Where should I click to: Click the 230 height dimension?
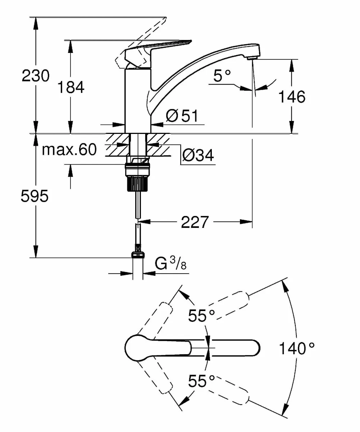36,76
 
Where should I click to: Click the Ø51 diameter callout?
182,116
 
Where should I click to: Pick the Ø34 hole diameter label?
198,155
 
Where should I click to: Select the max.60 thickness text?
69,149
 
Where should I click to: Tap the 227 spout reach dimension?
195,222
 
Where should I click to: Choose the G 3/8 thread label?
171,265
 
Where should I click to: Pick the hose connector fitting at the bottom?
138,254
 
